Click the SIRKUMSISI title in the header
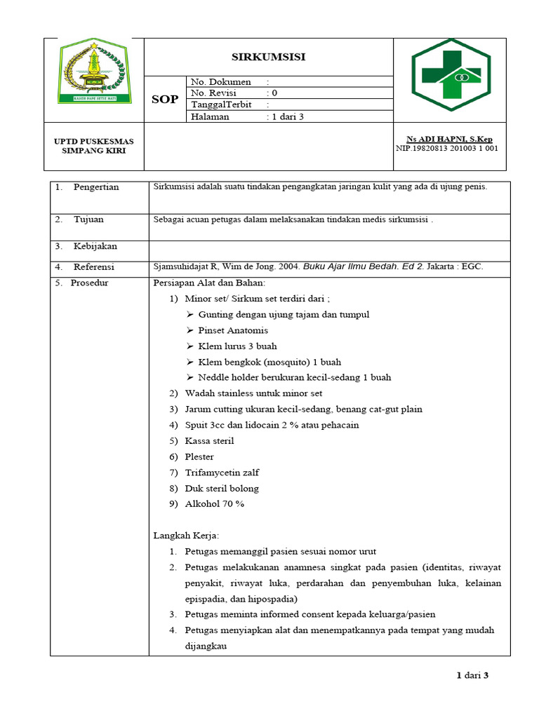[268, 57]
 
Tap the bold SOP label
[165, 100]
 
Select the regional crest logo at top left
[94, 72]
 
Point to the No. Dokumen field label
[221, 82]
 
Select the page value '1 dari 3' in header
[288, 116]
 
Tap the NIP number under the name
[447, 148]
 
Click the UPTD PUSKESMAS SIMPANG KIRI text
[94, 146]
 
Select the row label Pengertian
[96, 187]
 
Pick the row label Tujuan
[88, 219]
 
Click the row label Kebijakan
[95, 246]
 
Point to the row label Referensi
[94, 267]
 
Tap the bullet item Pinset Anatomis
[233, 330]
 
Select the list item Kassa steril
[209, 441]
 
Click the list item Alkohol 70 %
[214, 504]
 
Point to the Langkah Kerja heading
[186, 536]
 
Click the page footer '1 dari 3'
[472, 675]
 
